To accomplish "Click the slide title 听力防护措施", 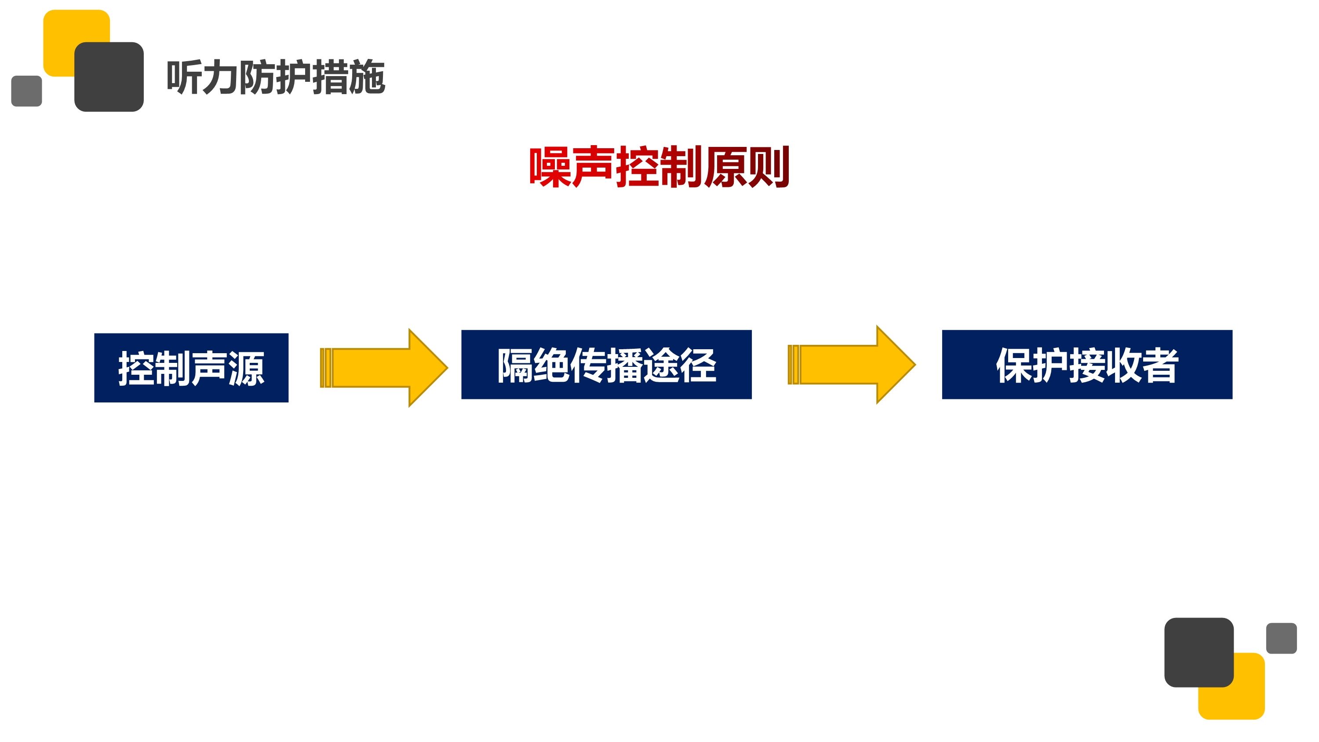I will coord(276,77).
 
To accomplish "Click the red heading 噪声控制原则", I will coord(659,167).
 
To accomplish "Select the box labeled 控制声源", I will coord(191,368).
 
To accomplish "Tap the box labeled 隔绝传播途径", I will coord(606,364).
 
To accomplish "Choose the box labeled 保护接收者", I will coord(1086,364).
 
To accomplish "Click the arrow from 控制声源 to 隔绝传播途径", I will coord(384,368).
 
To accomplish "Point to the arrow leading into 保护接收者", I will coord(852,364).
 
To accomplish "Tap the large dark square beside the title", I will coord(109,77).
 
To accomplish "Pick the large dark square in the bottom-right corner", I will coord(1198,652).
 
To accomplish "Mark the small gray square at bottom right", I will coord(1281,638).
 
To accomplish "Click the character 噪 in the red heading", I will coord(550,167).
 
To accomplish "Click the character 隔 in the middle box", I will coord(515,365).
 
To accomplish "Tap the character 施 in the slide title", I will coord(367,77).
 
